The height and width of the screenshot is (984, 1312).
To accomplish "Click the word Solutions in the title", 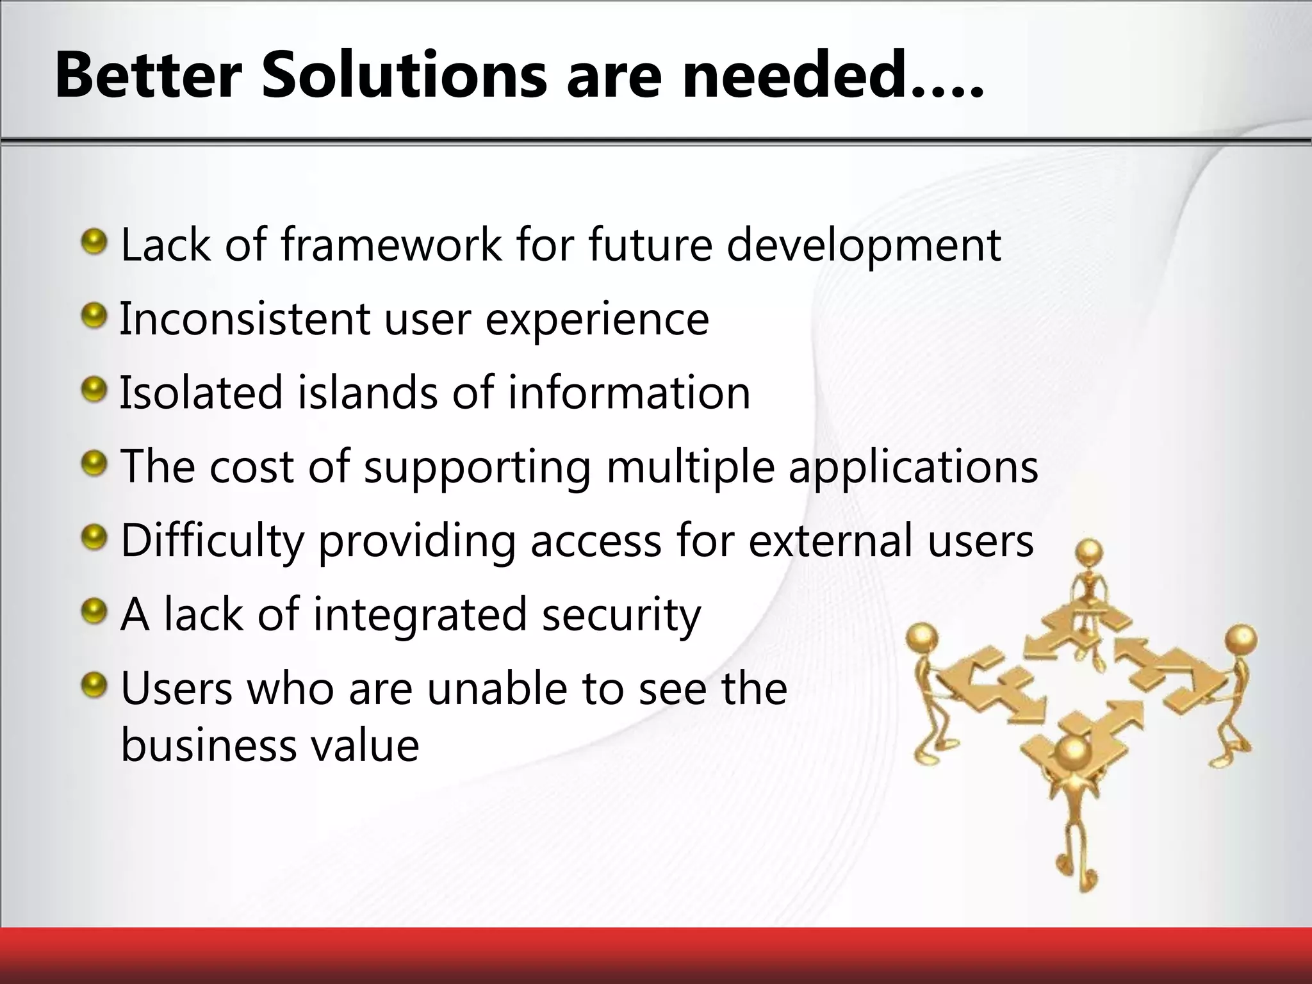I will click(404, 76).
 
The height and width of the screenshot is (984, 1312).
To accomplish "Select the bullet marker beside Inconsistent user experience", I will click(95, 316).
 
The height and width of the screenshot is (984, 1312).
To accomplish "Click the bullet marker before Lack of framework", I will click(95, 242).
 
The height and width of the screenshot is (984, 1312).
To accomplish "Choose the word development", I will click(864, 247).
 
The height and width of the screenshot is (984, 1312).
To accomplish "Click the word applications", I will click(913, 468).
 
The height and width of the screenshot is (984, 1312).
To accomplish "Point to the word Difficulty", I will click(211, 542).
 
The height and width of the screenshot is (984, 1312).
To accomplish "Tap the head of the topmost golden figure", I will click(1089, 552).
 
